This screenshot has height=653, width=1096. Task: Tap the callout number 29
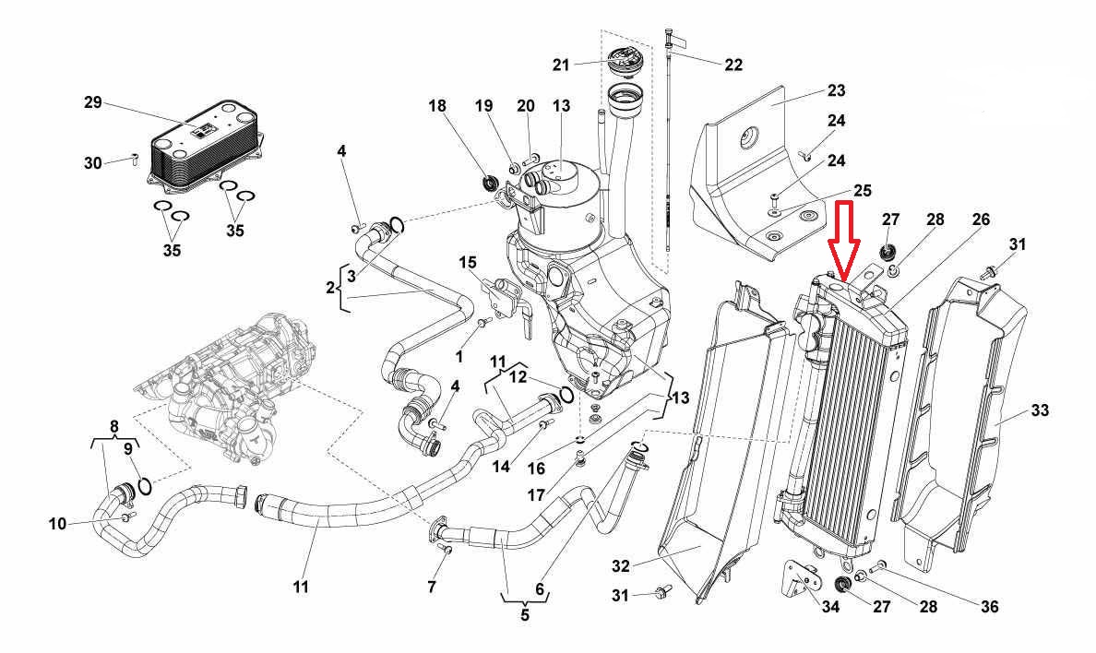click(x=92, y=101)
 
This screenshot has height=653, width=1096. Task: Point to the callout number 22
click(x=733, y=65)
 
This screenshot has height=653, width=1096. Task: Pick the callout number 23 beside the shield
click(x=836, y=91)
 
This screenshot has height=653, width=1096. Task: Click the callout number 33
click(x=1041, y=410)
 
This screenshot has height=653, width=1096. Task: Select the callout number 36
click(x=989, y=607)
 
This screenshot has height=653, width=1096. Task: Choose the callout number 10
click(x=58, y=524)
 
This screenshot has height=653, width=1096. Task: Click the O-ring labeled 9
click(x=143, y=482)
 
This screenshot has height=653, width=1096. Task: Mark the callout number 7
click(x=432, y=587)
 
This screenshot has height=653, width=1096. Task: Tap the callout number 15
click(x=468, y=263)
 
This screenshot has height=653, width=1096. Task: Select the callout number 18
click(x=437, y=106)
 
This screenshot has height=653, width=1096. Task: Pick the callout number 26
click(x=981, y=220)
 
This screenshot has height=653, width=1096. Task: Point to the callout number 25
click(x=862, y=190)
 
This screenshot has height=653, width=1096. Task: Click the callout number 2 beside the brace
click(x=330, y=288)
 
